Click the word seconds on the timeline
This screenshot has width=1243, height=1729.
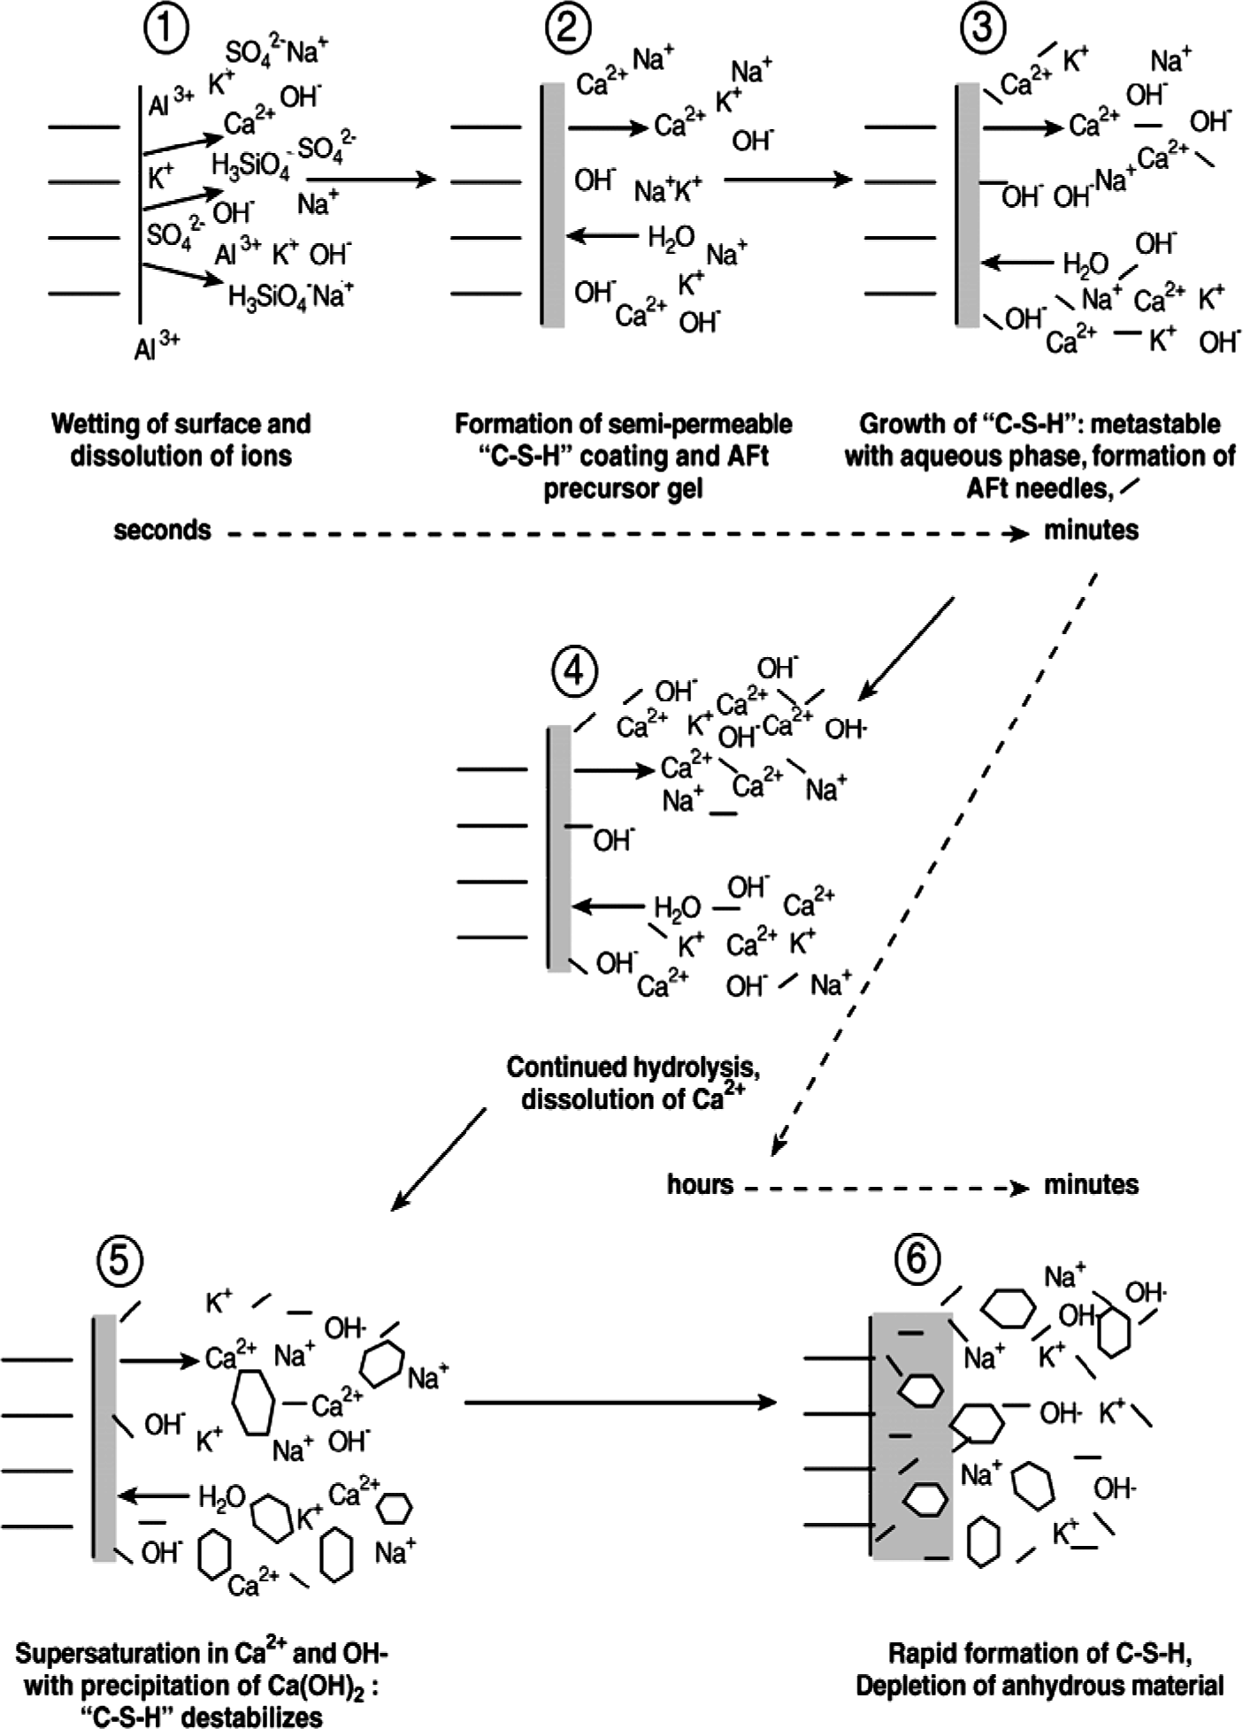click(x=163, y=531)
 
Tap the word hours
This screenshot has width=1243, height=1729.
click(x=700, y=1184)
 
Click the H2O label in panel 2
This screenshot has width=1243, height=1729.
click(x=671, y=237)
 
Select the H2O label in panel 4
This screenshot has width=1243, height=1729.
click(x=678, y=907)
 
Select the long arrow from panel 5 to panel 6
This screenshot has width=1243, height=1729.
click(x=619, y=1403)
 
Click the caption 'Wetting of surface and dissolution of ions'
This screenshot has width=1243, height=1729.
click(x=180, y=440)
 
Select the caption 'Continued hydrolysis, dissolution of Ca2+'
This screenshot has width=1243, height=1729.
click(x=633, y=1083)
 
